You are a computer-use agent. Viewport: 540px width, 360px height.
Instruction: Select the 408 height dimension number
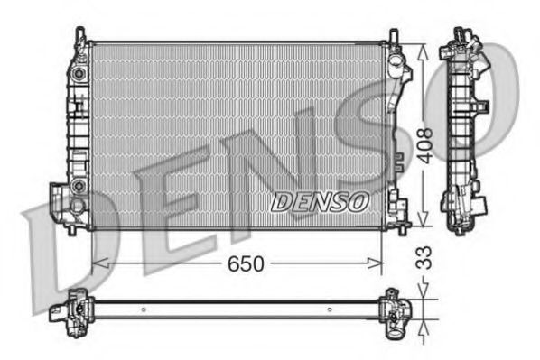425,143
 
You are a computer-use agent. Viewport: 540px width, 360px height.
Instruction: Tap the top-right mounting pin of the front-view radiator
394,36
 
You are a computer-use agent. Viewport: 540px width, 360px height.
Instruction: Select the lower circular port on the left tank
79,185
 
